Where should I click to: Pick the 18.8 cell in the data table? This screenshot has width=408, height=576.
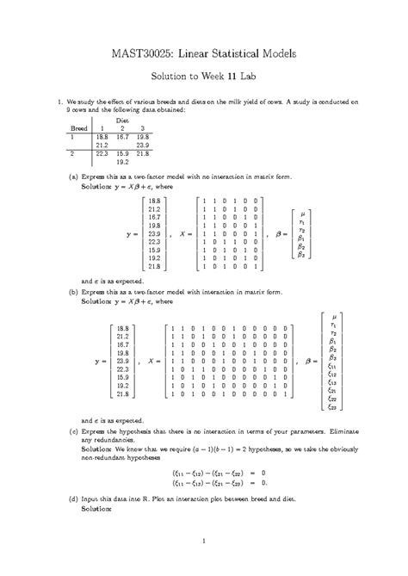click(x=102, y=136)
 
